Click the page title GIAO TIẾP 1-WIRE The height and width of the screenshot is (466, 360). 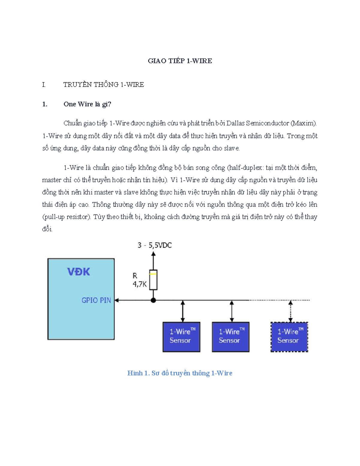pyautogui.click(x=180, y=61)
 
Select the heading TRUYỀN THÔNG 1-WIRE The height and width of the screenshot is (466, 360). pyautogui.click(x=103, y=85)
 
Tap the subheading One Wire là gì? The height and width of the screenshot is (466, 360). pyautogui.click(x=87, y=104)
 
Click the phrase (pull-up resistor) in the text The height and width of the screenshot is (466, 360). pyautogui.click(x=67, y=217)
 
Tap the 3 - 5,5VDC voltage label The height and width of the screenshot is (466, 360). pyautogui.click(x=154, y=245)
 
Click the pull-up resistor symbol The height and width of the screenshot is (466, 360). pyautogui.click(x=153, y=280)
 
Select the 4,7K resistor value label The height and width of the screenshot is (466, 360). pyautogui.click(x=139, y=284)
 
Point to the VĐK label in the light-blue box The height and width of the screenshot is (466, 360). pyautogui.click(x=79, y=272)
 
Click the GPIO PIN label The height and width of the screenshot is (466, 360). pyautogui.click(x=96, y=300)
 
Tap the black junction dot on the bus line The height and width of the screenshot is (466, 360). pyautogui.click(x=153, y=300)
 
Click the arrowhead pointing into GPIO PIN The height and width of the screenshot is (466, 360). pyautogui.click(x=116, y=300)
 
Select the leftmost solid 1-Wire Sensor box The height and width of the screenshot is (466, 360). pyautogui.click(x=181, y=337)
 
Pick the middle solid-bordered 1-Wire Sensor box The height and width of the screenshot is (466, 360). pyautogui.click(x=231, y=337)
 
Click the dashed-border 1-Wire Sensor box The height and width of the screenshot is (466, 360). pyautogui.click(x=289, y=337)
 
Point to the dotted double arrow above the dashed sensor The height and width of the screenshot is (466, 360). pyautogui.click(x=290, y=311)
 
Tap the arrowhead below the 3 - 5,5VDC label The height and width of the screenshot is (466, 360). pyautogui.click(x=153, y=254)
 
